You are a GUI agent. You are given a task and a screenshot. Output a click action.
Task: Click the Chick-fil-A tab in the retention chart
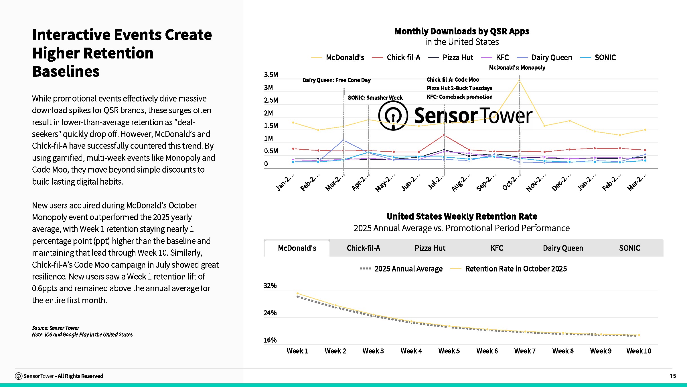coord(363,248)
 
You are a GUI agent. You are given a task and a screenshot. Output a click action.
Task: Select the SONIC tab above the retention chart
coord(629,248)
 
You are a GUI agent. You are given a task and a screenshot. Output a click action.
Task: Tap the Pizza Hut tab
coord(430,248)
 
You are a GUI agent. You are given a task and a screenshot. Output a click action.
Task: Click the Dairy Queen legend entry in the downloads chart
coord(544,58)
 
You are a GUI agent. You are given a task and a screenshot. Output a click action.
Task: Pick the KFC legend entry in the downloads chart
coord(495,58)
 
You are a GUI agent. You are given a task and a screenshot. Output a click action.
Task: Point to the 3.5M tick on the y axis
coord(271,75)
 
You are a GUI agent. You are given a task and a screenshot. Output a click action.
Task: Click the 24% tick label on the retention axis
coord(270,313)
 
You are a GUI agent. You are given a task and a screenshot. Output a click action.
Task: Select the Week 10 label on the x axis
coord(639,351)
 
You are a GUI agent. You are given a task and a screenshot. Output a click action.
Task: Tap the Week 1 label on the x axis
coord(297,351)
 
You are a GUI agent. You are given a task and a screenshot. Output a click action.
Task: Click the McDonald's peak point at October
coord(519,81)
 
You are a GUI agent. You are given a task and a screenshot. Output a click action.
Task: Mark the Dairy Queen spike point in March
coord(343,140)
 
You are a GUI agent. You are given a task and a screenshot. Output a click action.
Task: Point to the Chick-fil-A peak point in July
coord(444,135)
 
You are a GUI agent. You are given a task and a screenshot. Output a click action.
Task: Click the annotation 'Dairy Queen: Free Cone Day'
coord(336,80)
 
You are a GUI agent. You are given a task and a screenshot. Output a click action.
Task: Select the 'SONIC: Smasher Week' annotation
coord(375,98)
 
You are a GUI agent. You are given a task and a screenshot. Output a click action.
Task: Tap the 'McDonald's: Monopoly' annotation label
coord(517,68)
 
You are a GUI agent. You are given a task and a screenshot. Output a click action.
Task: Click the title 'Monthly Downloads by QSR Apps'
coord(462,31)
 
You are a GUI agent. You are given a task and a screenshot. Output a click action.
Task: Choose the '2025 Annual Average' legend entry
coord(401,269)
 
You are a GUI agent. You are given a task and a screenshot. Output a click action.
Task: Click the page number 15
coord(673,376)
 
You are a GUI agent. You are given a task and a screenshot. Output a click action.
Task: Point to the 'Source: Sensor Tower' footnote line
coord(56,328)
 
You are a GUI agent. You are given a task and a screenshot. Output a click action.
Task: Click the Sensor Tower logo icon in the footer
coord(19,376)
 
